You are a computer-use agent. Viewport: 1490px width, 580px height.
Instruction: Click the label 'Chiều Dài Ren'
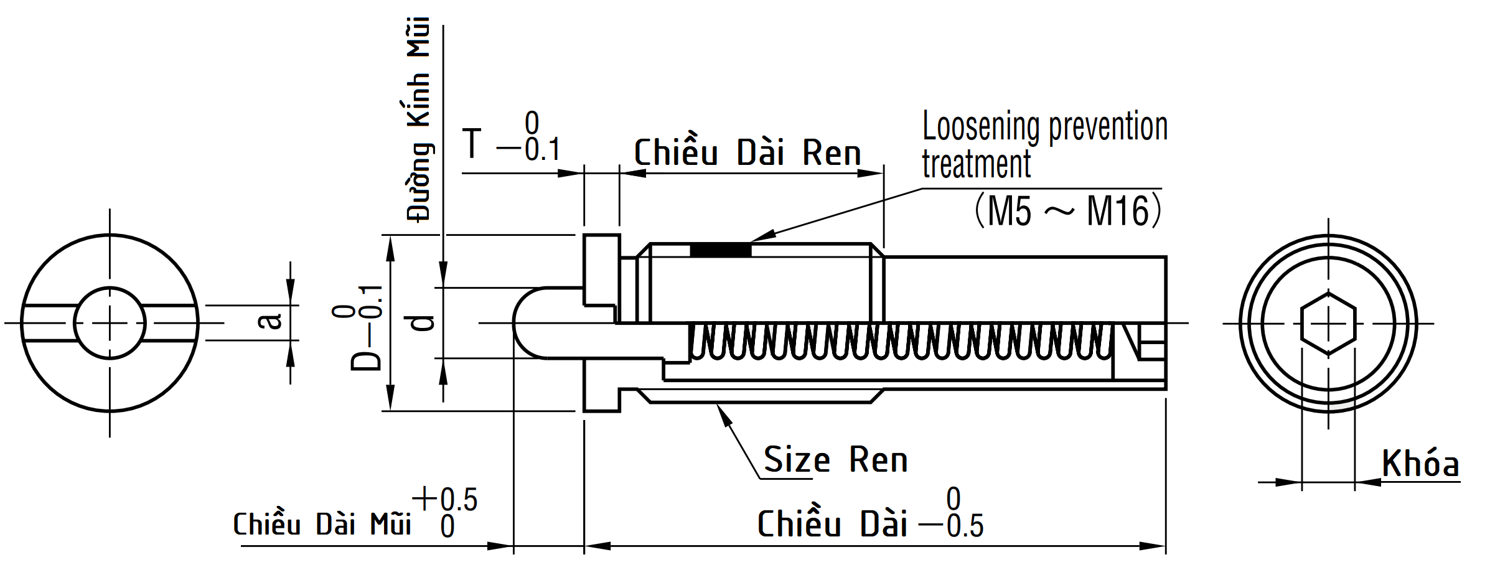pos(747,153)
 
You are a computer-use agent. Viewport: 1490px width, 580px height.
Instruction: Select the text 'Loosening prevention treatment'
pos(1044,145)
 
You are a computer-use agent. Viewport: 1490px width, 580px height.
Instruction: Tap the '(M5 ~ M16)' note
pos(1067,211)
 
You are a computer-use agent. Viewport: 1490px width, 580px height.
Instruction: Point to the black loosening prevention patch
pos(721,250)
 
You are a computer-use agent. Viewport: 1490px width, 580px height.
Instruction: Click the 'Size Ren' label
pos(835,461)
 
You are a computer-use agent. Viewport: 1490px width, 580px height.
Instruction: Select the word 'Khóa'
pos(1420,464)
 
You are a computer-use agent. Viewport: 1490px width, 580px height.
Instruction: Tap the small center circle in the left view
pos(110,323)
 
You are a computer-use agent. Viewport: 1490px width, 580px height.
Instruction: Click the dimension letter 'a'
pos(270,321)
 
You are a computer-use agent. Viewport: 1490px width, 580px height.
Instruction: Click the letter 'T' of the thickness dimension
pos(472,144)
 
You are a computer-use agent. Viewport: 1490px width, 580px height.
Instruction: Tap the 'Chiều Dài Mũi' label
pos(322,525)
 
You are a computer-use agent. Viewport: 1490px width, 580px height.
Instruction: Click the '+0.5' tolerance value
pos(445,499)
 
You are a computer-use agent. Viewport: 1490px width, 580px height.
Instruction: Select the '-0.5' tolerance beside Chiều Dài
pos(952,526)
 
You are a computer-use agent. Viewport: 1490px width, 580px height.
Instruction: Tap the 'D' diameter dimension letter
pos(365,360)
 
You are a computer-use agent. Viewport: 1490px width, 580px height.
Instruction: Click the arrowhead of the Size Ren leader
pos(721,411)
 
